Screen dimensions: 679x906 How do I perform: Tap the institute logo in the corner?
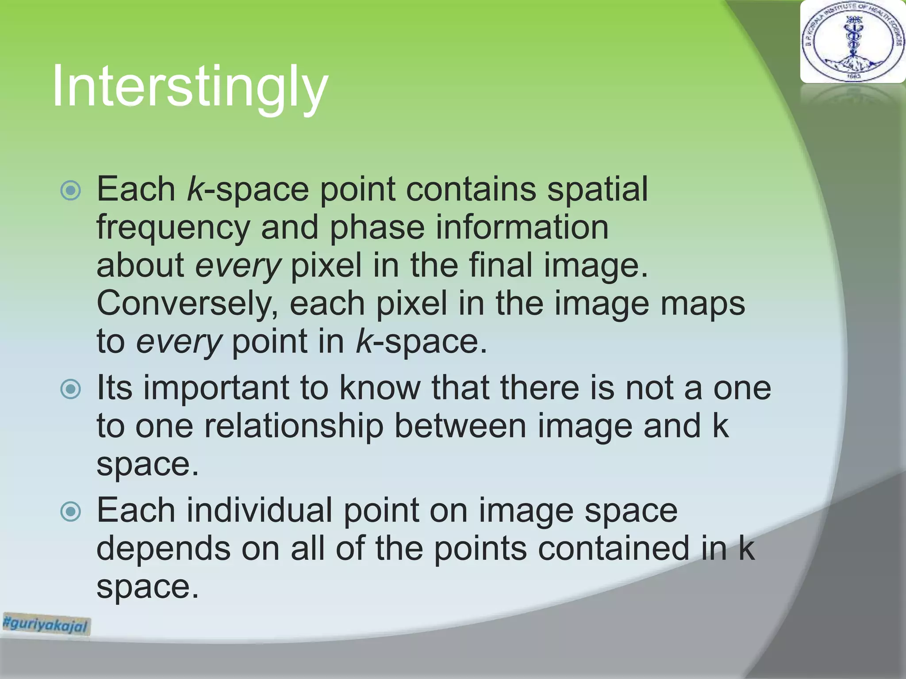tap(852, 42)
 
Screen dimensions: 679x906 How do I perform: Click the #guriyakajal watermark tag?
tap(46, 624)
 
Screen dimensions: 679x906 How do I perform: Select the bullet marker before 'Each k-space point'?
tap(71, 191)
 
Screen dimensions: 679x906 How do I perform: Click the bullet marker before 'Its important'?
tap(71, 389)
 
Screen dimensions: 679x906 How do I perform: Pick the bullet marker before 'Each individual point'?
tap(71, 511)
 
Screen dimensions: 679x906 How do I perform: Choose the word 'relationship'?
tap(294, 426)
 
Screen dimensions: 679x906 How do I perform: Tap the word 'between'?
tap(460, 426)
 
